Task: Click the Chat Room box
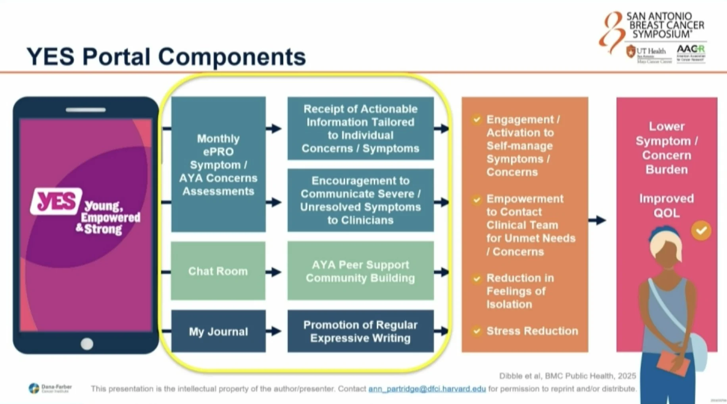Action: point(218,271)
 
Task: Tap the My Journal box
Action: point(218,331)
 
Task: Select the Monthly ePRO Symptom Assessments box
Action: point(218,164)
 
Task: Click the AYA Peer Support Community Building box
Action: point(360,271)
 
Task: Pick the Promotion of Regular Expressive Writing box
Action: point(360,331)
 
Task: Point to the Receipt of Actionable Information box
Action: point(360,128)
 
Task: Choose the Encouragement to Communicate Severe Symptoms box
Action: point(360,200)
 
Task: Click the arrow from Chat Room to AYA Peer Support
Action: point(274,272)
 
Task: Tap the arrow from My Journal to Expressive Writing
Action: point(274,331)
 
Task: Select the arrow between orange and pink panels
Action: point(597,220)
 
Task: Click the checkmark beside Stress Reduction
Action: point(477,331)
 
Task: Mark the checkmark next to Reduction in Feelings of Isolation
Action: point(477,279)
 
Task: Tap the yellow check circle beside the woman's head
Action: point(701,231)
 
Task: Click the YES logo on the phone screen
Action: point(56,201)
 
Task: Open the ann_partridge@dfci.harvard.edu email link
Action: point(427,389)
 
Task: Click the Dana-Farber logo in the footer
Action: point(50,388)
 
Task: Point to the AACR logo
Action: point(690,53)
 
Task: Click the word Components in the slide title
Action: point(232,56)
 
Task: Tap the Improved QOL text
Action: point(666,206)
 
